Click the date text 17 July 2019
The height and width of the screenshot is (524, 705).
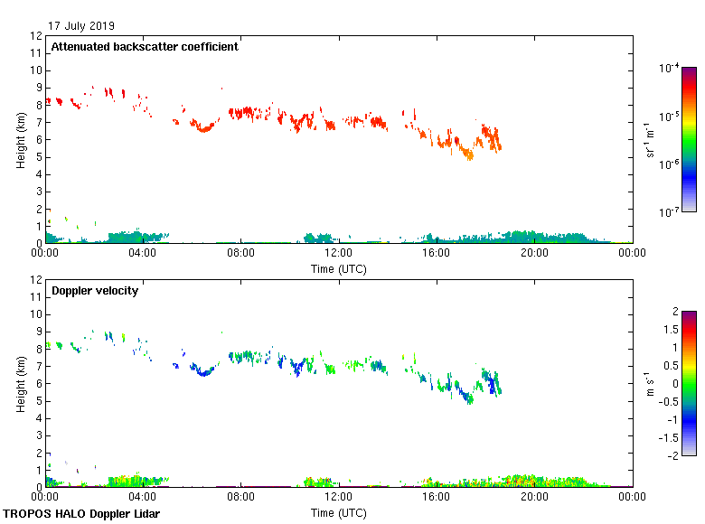pyautogui.click(x=82, y=26)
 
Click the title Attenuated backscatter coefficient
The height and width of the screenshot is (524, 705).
pyautogui.click(x=145, y=47)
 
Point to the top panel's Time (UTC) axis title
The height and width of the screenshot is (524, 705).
pyautogui.click(x=339, y=268)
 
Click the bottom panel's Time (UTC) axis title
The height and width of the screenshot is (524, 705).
pyautogui.click(x=339, y=512)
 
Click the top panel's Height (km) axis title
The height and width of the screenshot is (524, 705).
pyautogui.click(x=21, y=140)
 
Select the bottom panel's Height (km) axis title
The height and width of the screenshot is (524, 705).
pyautogui.click(x=21, y=384)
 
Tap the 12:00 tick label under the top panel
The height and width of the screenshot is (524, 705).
pyautogui.click(x=339, y=254)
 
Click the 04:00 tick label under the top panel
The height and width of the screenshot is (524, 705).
pyautogui.click(x=143, y=254)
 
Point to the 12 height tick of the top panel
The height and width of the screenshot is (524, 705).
pyautogui.click(x=36, y=36)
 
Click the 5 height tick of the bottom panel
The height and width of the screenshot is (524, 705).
pyautogui.click(x=39, y=401)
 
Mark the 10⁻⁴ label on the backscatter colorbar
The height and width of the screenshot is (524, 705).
pyautogui.click(x=670, y=68)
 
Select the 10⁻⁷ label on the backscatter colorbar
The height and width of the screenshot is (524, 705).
pyautogui.click(x=670, y=212)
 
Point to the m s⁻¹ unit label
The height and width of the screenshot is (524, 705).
pyautogui.click(x=650, y=384)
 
